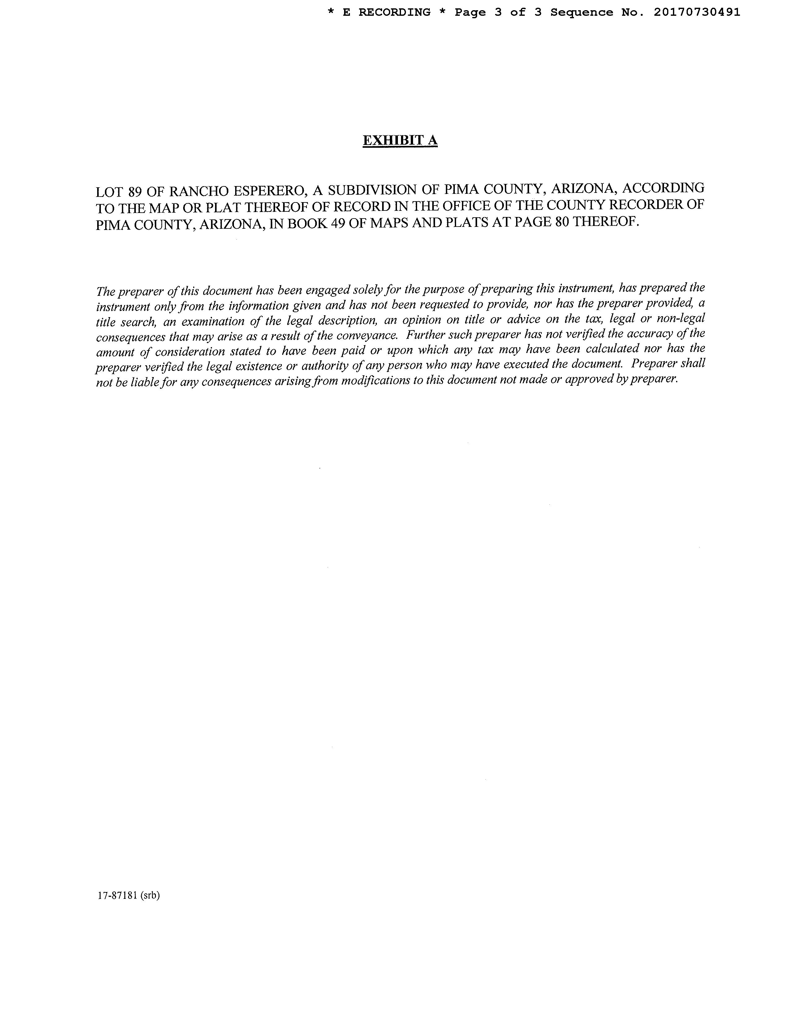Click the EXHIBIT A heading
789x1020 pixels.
pos(400,141)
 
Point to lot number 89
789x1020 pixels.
pos(135,192)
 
